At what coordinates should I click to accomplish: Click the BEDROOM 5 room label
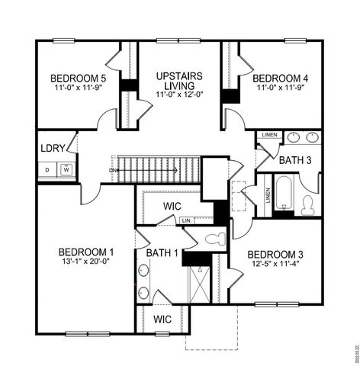(77, 78)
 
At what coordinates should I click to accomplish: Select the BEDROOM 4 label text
(280, 78)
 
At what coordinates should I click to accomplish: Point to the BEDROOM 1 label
(86, 252)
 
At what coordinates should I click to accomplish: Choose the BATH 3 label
(295, 160)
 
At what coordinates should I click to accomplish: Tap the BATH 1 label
(162, 253)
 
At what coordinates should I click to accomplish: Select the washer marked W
(66, 169)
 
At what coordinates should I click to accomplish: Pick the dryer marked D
(47, 169)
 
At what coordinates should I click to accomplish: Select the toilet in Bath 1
(214, 239)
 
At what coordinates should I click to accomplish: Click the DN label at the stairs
(112, 170)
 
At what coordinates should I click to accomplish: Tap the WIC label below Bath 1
(162, 319)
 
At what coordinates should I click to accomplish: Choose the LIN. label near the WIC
(186, 221)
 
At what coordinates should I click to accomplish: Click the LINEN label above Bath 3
(269, 136)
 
